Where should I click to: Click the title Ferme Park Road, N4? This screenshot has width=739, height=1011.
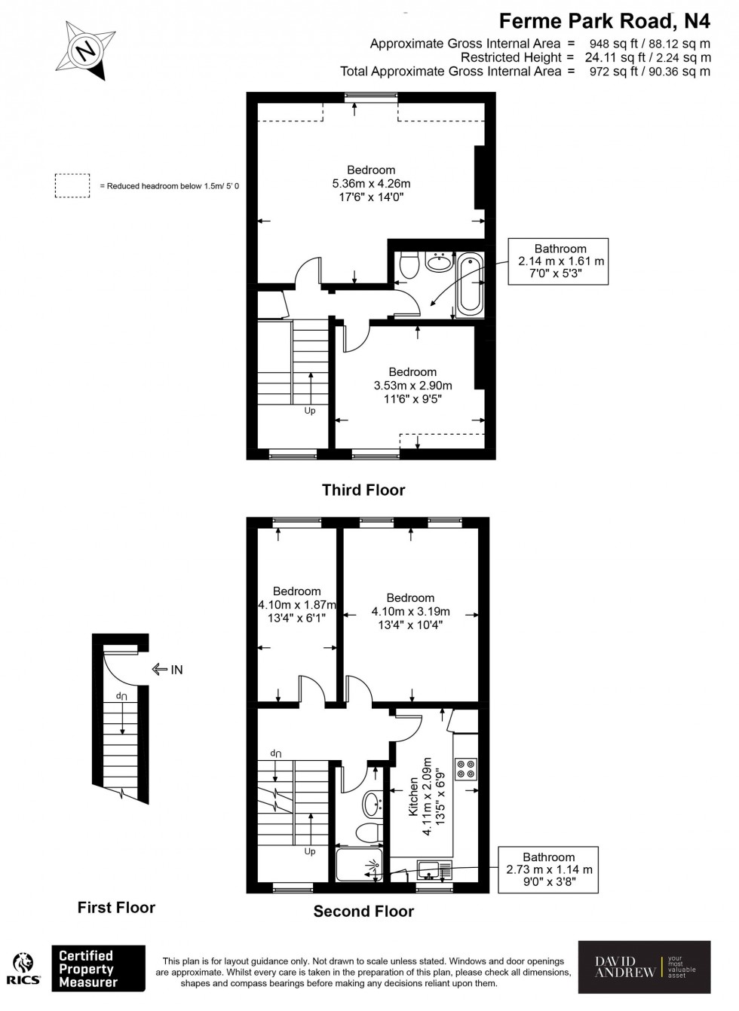coord(606,20)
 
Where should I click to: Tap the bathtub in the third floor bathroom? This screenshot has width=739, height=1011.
coord(469,283)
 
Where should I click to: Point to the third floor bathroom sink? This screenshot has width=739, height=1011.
coord(439,261)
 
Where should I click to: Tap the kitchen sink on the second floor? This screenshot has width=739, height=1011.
coord(433,871)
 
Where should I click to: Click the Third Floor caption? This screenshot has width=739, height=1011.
coord(363,490)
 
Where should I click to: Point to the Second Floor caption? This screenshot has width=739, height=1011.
coord(363,912)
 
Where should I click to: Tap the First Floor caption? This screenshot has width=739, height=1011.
coord(116,908)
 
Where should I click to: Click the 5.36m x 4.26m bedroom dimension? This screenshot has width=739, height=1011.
coord(371,184)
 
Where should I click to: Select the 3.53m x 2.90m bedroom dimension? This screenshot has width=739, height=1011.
coord(412,386)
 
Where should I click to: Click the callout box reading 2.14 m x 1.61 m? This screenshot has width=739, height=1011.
coord(560,261)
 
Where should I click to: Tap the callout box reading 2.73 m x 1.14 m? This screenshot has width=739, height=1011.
coord(548,869)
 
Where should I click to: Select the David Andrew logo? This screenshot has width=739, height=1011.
coord(644,967)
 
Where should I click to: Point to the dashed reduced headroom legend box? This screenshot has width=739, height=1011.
coord(72,186)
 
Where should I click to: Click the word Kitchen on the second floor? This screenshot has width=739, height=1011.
coord(413,798)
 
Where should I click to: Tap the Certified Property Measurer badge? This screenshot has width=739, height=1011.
coord(97,969)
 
